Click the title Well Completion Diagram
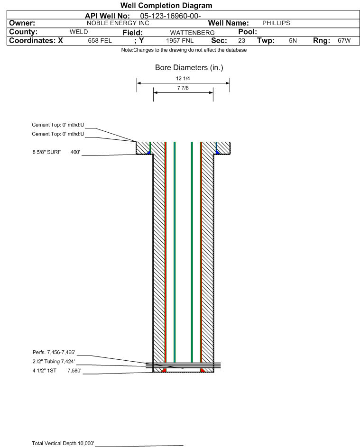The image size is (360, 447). coord(166,5)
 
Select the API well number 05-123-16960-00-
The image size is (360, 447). coord(170,16)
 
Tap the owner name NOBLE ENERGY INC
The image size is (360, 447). coord(118,23)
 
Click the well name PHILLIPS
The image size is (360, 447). coord(276,23)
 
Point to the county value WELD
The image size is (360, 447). coord(79,32)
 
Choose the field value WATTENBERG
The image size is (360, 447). coord(192,33)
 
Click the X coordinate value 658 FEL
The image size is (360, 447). coord(100,41)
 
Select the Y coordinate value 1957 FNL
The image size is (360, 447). coord(180,41)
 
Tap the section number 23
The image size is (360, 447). coord(241,41)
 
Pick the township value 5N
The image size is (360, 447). coord(293,41)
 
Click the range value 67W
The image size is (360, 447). coord(344,41)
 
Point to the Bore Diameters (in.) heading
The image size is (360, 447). coord(189,68)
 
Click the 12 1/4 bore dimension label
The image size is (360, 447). coord(183,78)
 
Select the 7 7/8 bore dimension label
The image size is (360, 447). coord(183,88)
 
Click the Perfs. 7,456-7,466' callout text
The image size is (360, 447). coord(54,352)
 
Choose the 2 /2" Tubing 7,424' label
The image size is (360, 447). coord(54,362)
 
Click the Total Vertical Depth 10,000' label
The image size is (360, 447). coord(63,443)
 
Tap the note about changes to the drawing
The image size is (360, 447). coord(184,50)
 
